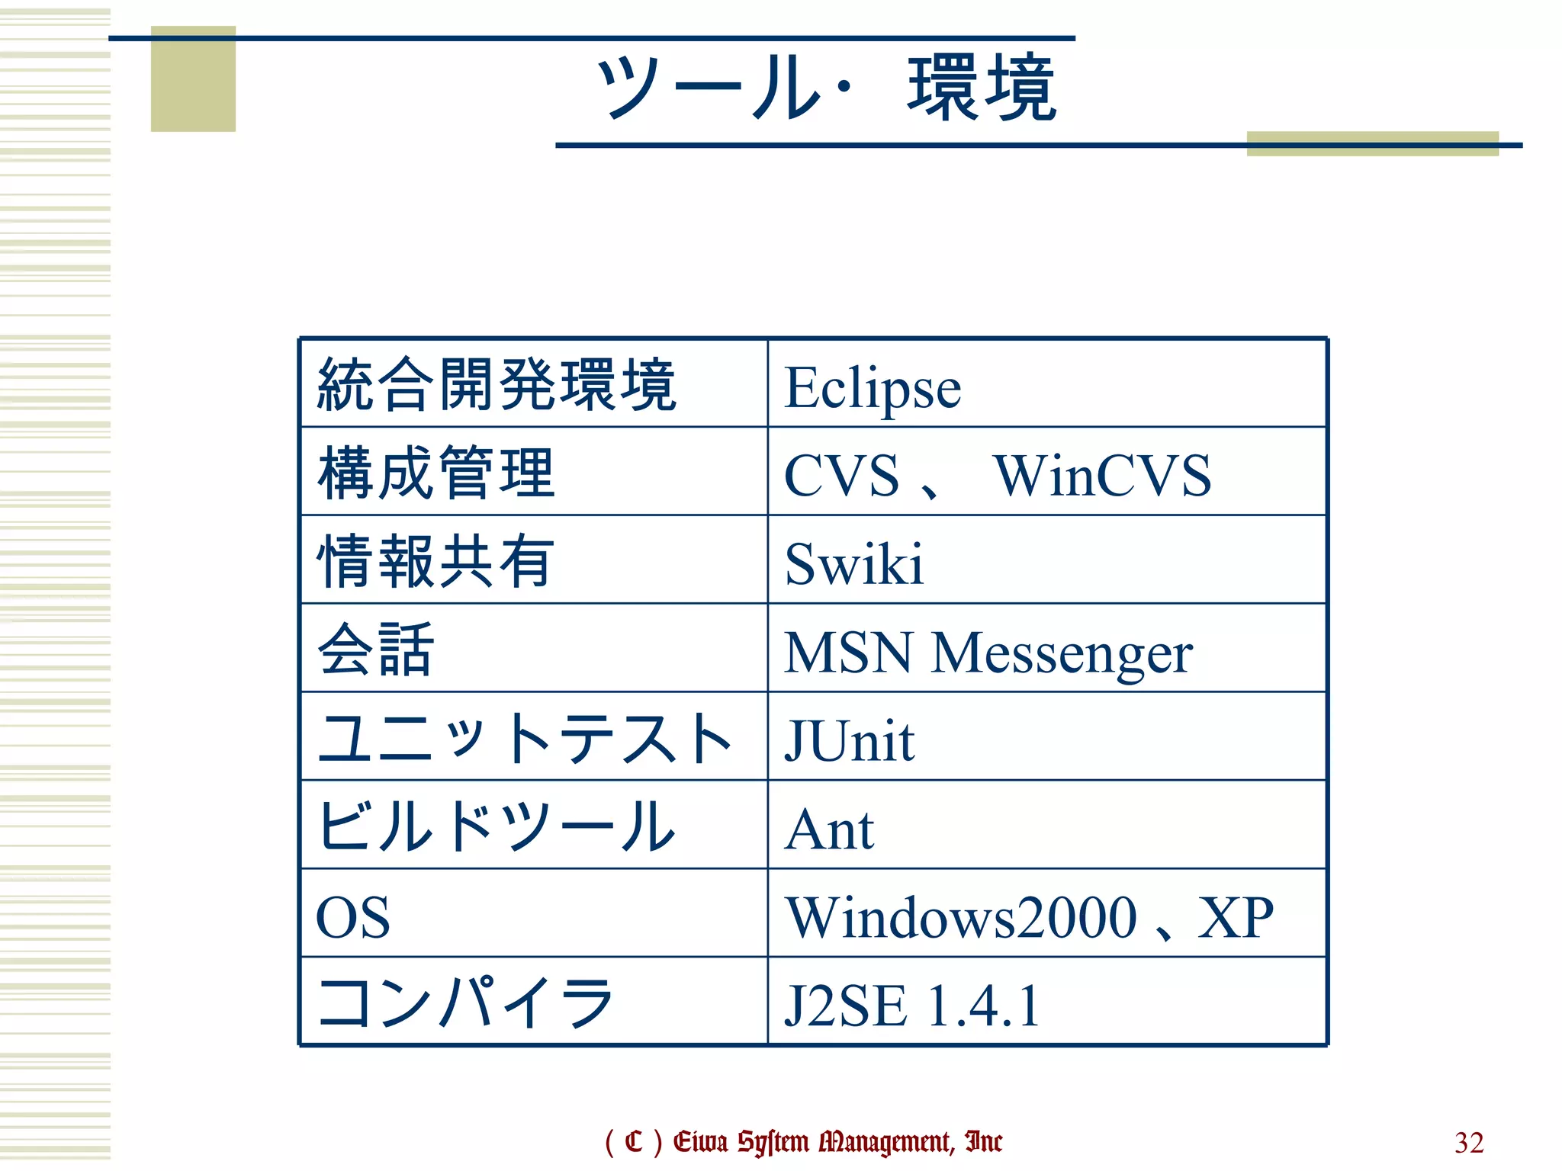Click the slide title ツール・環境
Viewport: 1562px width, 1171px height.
(x=827, y=88)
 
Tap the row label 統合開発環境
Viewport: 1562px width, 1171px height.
(x=497, y=385)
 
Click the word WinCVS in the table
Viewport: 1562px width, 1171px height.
(x=1102, y=476)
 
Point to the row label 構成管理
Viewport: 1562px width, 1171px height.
(x=435, y=473)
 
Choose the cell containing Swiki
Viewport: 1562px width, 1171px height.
(x=854, y=565)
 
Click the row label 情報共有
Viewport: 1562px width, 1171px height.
(x=435, y=562)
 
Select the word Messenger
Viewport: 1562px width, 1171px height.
(x=1062, y=653)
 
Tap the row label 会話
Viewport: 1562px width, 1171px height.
(x=376, y=650)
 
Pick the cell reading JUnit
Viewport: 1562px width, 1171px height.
(x=850, y=741)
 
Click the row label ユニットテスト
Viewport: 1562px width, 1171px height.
(x=525, y=739)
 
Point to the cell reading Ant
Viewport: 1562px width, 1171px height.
(x=830, y=829)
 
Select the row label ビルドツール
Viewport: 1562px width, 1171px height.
(x=497, y=826)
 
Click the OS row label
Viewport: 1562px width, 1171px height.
(x=353, y=917)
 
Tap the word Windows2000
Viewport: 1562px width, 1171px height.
(x=961, y=917)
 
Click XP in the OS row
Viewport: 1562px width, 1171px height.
(x=1236, y=917)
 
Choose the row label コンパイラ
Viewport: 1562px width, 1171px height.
(x=466, y=1003)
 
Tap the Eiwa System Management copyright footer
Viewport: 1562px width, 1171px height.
(x=803, y=1141)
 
